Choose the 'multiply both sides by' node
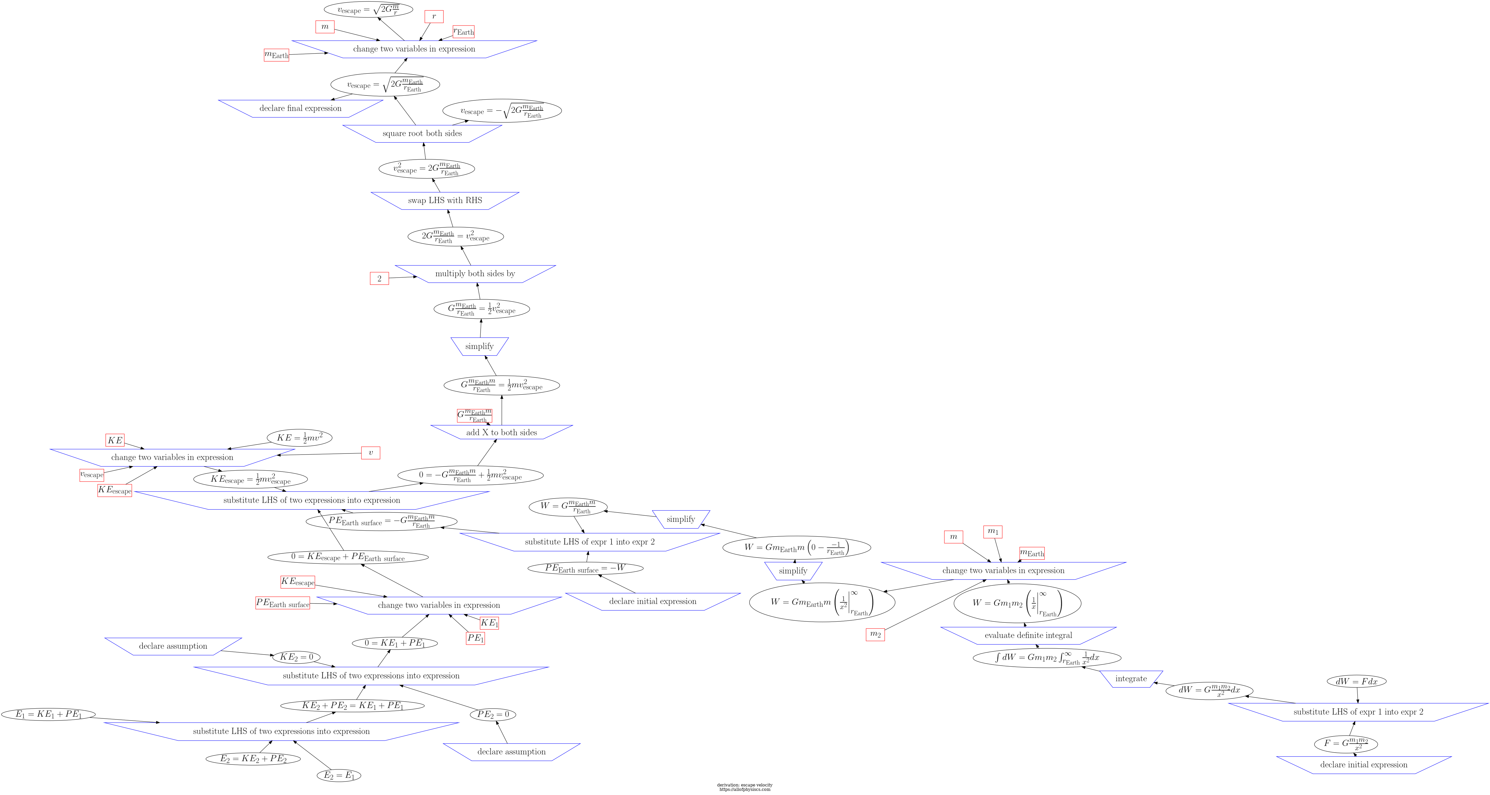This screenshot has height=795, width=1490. [x=475, y=274]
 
